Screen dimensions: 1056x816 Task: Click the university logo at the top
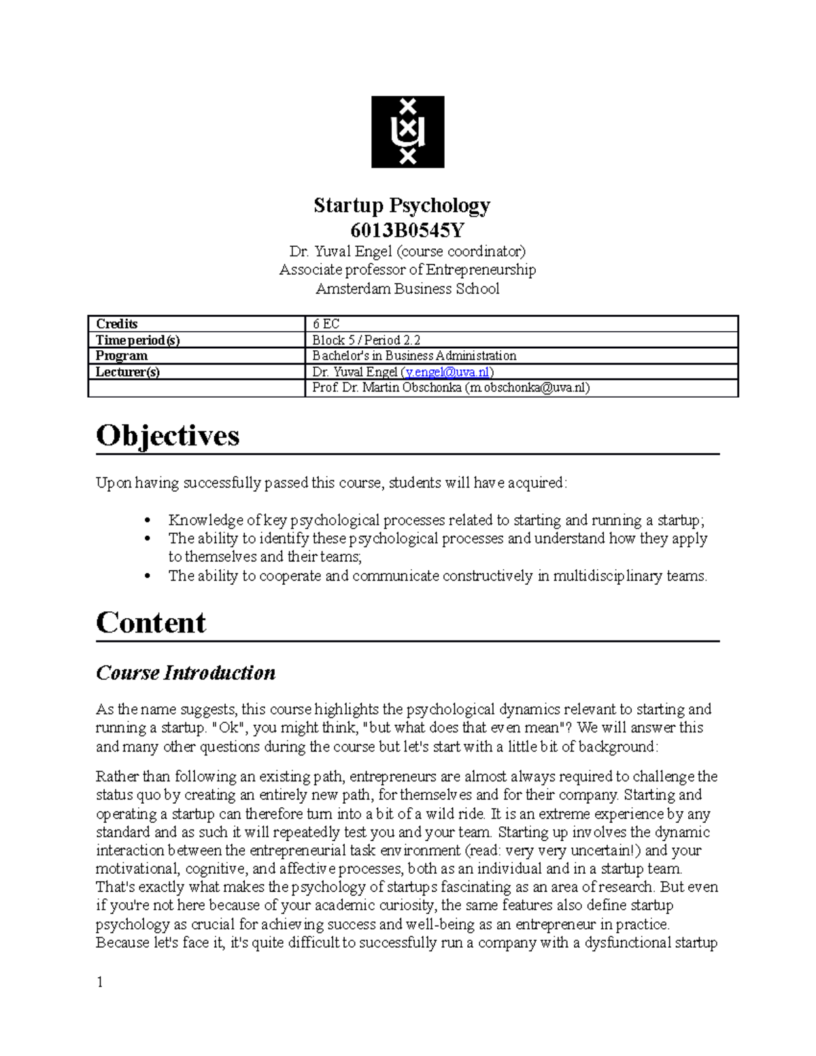[407, 132]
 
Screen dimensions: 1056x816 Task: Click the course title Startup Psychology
[401, 205]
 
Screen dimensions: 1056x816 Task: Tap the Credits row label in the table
[117, 324]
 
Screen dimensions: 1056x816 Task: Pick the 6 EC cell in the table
[326, 324]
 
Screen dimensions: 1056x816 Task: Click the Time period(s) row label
[138, 340]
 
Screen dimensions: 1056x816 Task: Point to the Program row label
[122, 356]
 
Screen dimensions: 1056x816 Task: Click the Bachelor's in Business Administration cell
[413, 356]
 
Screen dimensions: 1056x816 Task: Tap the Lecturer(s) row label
[128, 372]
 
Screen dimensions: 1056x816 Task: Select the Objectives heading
[168, 436]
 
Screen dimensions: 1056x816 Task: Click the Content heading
[151, 623]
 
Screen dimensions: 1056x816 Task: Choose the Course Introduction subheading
[186, 673]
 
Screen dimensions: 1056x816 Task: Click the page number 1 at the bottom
[100, 982]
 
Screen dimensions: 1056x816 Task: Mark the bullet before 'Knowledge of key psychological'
[148, 521]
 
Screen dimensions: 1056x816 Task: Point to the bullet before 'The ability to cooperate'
[148, 577]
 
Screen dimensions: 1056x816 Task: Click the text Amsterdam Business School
[407, 289]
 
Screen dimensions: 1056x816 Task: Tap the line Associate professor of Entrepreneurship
[407, 270]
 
